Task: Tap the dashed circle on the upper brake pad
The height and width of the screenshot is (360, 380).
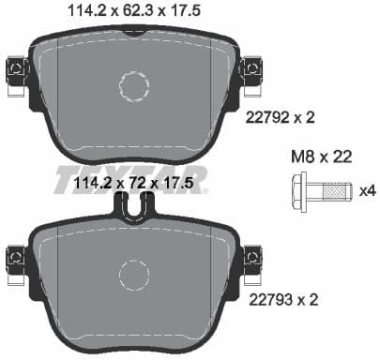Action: point(134,86)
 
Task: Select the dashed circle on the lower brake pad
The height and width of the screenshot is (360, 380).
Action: point(134,277)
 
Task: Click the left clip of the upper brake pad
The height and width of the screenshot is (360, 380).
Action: point(15,70)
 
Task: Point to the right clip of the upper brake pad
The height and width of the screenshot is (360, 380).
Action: point(252,70)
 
